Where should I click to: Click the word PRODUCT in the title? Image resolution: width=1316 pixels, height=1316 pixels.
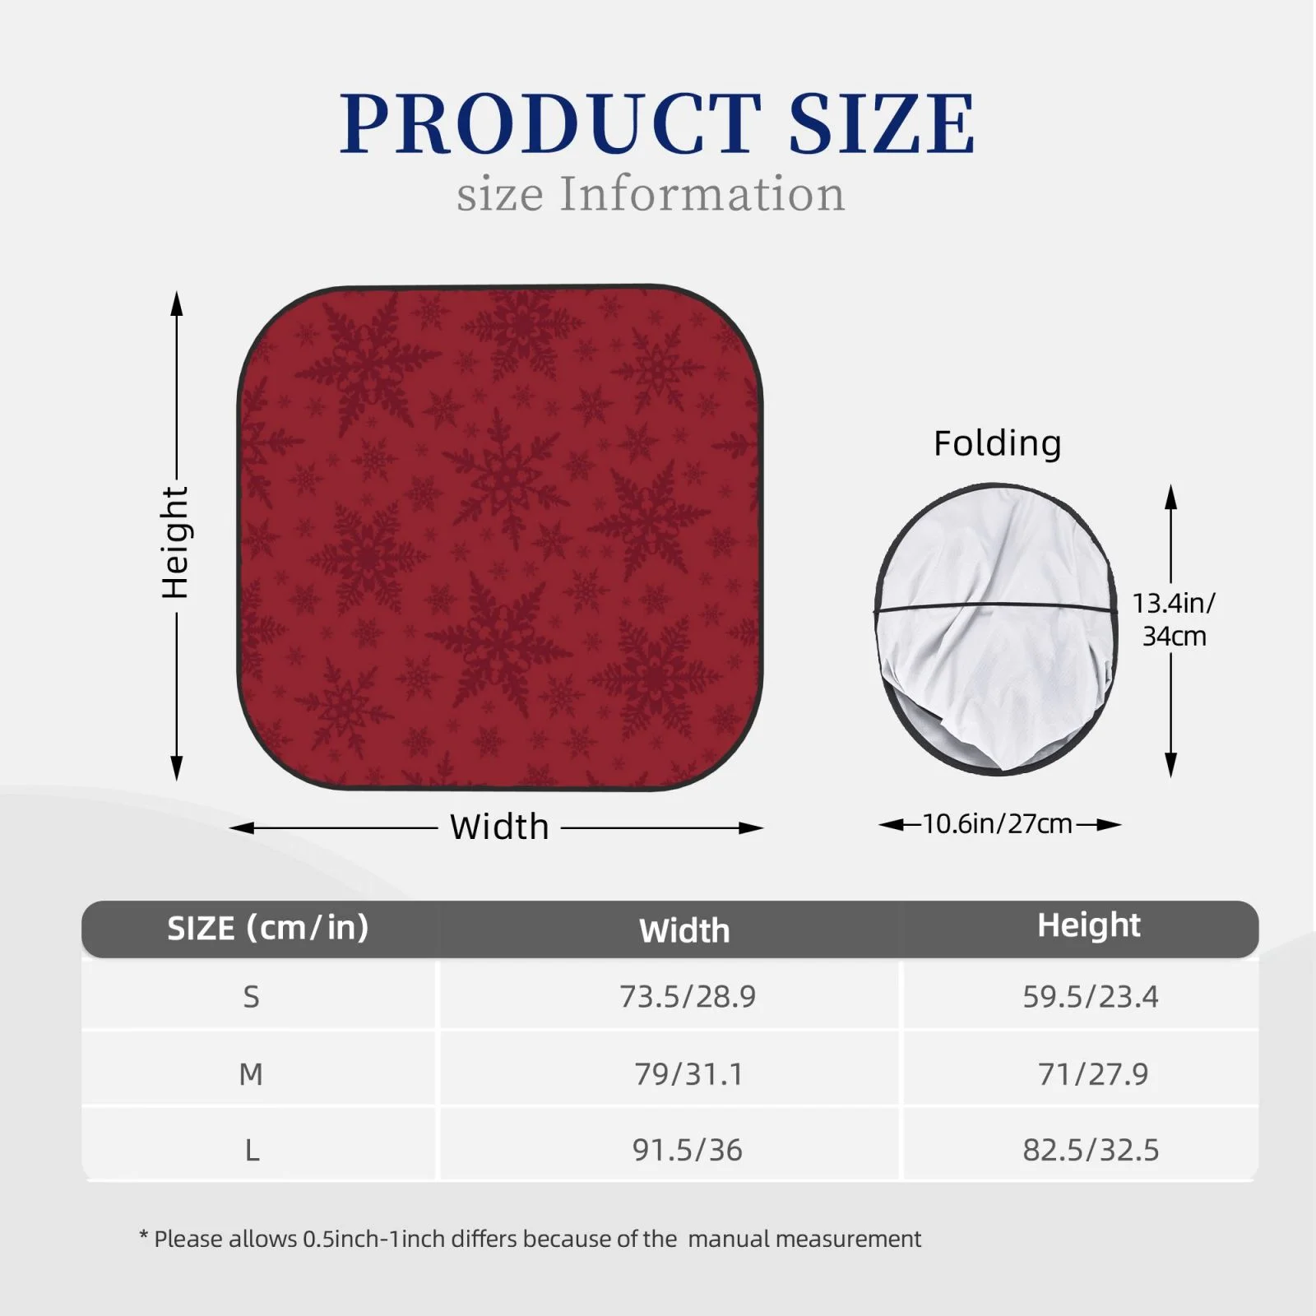(551, 123)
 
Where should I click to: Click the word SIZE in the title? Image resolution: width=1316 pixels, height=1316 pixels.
(882, 123)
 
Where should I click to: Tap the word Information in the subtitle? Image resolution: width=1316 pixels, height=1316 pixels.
(702, 194)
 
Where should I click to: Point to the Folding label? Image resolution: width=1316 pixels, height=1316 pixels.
(997, 443)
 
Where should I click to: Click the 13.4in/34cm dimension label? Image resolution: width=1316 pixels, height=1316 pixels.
(1174, 619)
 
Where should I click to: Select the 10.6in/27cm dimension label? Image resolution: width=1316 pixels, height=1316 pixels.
(998, 823)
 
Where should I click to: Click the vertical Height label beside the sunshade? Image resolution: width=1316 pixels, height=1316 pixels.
(175, 542)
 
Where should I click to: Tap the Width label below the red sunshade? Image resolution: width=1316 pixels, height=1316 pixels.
(499, 827)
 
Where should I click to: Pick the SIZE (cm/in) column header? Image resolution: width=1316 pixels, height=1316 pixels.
(268, 928)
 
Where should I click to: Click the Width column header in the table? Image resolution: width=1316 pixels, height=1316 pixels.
(684, 931)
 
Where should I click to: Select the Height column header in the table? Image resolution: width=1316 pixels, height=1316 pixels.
(1089, 926)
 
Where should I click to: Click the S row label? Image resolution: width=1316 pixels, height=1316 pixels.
(251, 997)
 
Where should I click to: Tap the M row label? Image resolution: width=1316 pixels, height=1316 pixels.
(251, 1074)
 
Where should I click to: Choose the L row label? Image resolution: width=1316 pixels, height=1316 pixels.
(252, 1150)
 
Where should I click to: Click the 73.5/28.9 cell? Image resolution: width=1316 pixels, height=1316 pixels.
(688, 997)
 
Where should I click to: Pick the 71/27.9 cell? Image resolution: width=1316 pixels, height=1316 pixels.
(1092, 1074)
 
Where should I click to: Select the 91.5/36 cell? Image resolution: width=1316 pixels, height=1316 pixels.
(688, 1150)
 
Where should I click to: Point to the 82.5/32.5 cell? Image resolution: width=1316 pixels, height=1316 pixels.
(1091, 1150)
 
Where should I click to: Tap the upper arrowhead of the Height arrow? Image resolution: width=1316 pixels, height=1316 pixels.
(176, 303)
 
